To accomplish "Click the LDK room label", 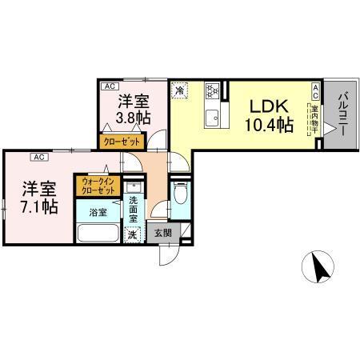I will [x=268, y=106].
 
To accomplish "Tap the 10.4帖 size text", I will [x=268, y=125].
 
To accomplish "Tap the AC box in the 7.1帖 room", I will [x=38, y=157].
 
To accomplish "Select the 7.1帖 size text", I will [x=38, y=207].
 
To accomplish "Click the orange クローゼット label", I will [x=120, y=141].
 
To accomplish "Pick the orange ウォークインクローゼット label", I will [x=97, y=186].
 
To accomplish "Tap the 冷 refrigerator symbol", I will [x=181, y=90].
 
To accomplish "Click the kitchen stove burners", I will [x=212, y=90].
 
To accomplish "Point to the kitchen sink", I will [x=212, y=120].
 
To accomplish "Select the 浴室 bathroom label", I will [x=97, y=214].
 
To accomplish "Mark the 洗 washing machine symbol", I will [x=134, y=236].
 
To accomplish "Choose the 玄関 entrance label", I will [x=162, y=233].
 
